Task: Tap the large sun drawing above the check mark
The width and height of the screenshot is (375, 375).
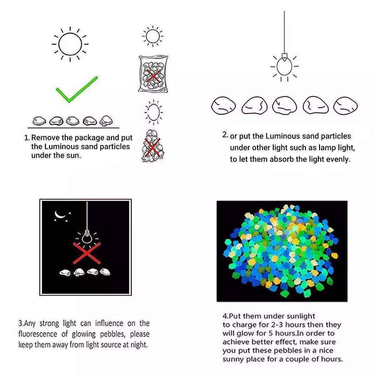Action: click(70, 44)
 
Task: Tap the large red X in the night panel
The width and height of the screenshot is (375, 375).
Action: click(87, 252)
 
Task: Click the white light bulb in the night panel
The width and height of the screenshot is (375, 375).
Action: click(87, 237)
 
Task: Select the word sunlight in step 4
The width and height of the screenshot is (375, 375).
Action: click(300, 316)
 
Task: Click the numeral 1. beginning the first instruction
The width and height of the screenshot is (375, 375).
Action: click(27, 138)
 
